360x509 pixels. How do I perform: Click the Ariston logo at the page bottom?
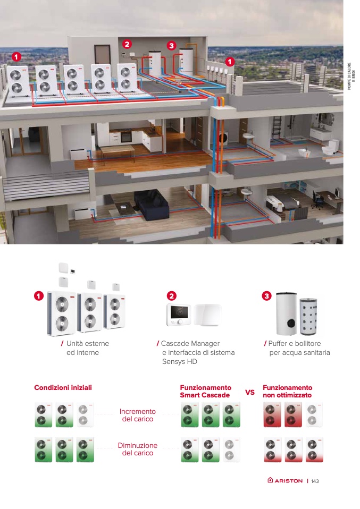click(285, 480)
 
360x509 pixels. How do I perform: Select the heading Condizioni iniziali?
click(63, 387)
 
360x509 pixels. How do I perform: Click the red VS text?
click(249, 392)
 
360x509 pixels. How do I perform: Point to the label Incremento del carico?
click(137, 415)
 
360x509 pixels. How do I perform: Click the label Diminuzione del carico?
click(137, 449)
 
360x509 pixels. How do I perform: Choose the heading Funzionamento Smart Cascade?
click(205, 392)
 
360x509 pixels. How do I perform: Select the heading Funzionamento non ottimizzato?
click(287, 392)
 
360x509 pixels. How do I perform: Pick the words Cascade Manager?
click(190, 344)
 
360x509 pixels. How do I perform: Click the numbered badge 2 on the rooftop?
click(127, 44)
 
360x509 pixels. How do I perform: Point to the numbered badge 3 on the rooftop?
click(171, 46)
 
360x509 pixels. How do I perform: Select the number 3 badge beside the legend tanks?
click(266, 295)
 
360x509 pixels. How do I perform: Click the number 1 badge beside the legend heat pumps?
click(38, 295)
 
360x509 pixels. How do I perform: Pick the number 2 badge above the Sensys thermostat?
click(171, 295)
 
